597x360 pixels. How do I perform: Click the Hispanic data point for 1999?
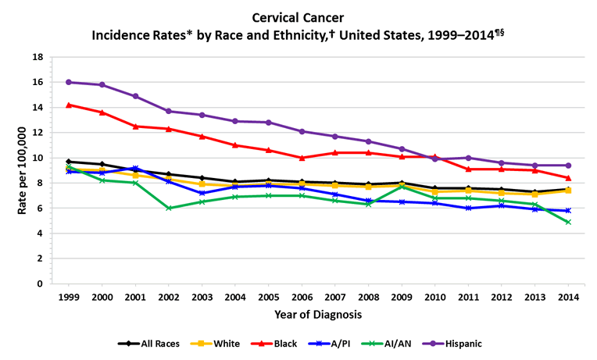click(69, 82)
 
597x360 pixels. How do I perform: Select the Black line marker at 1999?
click(69, 105)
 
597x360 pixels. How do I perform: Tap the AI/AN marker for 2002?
click(169, 208)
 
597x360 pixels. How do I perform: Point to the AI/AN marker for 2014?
click(569, 222)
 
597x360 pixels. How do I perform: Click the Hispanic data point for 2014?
click(569, 166)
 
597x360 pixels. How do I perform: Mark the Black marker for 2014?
click(569, 178)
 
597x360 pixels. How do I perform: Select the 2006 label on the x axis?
click(302, 298)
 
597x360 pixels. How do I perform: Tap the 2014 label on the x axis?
click(569, 298)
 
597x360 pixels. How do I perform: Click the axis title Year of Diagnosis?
click(317, 315)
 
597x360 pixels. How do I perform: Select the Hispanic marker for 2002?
click(169, 111)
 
